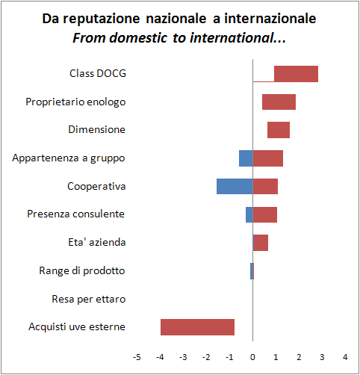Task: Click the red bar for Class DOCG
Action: tap(296, 73)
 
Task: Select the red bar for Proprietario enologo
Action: tap(279, 102)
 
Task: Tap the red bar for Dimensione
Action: tap(279, 130)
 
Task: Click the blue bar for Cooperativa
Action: tap(235, 186)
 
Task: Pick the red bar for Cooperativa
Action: tap(265, 186)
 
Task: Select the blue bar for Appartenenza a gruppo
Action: tap(246, 158)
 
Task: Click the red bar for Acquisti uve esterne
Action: tap(197, 327)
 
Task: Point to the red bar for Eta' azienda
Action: tap(261, 243)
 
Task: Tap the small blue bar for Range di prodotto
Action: tap(252, 271)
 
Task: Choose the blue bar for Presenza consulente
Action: tap(249, 214)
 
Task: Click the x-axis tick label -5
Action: tap(137, 356)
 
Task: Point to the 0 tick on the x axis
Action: tap(253, 356)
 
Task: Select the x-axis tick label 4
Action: tap(346, 356)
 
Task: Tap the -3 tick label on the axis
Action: tap(183, 356)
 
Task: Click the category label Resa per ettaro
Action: tap(88, 299)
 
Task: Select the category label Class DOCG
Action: tap(97, 73)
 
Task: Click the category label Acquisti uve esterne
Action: tap(77, 327)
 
